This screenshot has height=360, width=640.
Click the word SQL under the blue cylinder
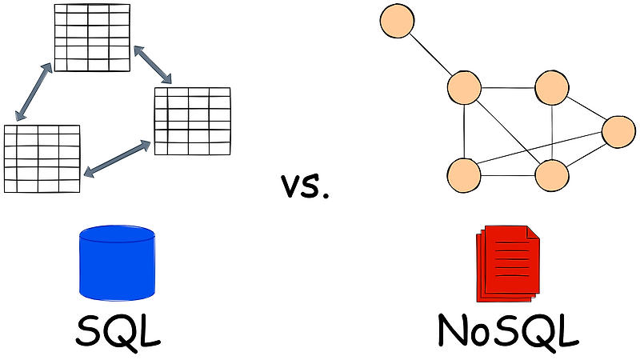coord(118,330)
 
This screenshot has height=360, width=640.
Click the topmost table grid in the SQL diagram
coord(92,38)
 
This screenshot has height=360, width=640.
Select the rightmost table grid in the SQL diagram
coord(192,121)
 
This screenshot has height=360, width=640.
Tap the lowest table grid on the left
coord(42,158)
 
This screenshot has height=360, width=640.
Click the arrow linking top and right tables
coord(153,64)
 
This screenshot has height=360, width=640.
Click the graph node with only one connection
coord(397,21)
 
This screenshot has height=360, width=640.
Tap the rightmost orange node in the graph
coord(618,132)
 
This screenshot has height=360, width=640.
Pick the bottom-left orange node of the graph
coord(464,174)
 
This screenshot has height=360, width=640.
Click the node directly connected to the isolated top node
coord(464,88)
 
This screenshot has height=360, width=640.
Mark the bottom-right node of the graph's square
coord(552,174)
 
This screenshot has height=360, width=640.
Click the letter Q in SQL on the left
coord(118,330)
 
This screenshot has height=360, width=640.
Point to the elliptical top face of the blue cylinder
coord(117,235)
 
